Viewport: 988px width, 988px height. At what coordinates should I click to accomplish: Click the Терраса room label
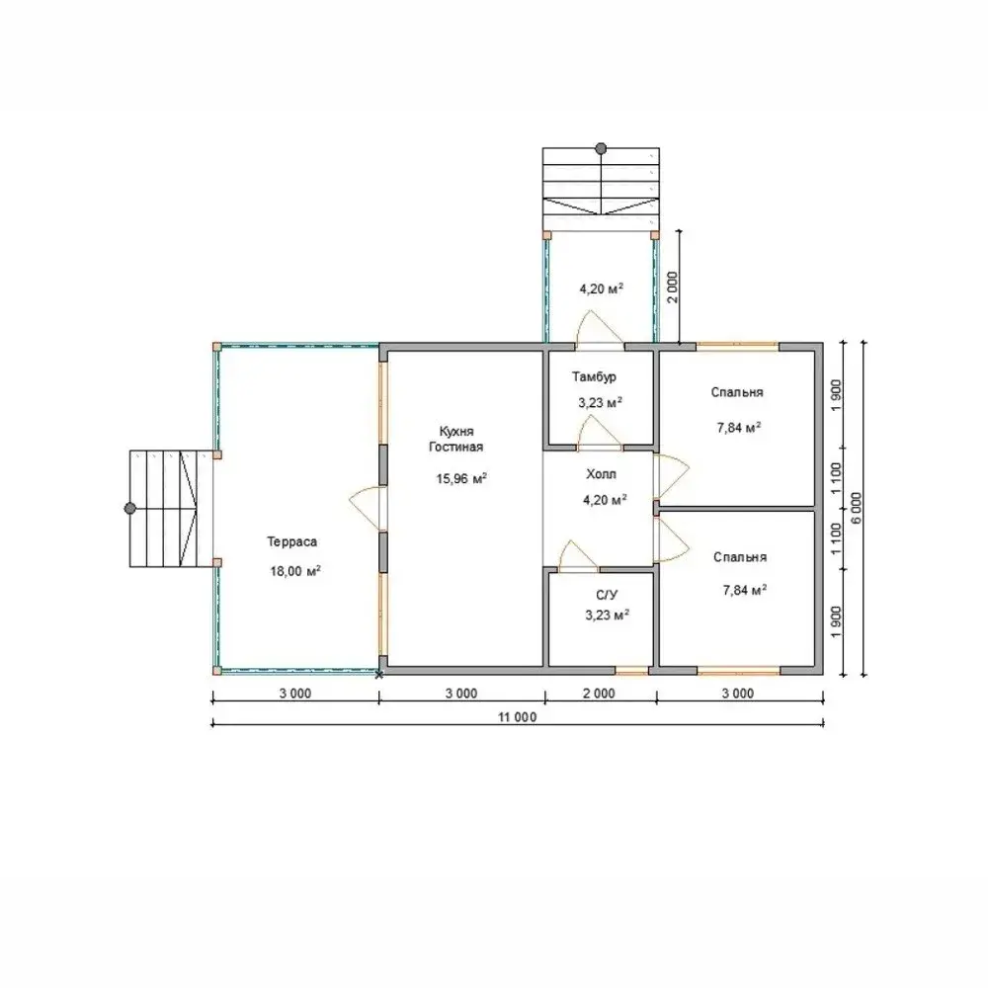coord(291,541)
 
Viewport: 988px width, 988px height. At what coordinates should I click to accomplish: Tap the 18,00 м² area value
coord(295,571)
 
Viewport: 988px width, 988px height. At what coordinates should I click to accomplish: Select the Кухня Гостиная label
coord(456,440)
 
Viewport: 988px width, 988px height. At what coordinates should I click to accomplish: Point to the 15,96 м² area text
coord(461,478)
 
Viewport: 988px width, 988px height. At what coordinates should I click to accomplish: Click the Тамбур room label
coord(594,376)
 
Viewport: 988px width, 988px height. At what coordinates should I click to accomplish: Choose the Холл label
coord(601,474)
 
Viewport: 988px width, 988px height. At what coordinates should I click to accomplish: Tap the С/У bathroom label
coord(607,595)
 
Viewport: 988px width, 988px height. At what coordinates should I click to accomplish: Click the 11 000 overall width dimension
coord(518,717)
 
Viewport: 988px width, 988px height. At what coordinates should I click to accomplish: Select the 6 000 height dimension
coord(857,508)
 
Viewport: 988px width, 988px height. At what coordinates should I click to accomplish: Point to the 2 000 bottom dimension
coord(600,694)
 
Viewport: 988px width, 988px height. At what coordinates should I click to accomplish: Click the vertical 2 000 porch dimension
coord(673,288)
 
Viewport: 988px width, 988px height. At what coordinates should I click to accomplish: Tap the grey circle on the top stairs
coord(601,149)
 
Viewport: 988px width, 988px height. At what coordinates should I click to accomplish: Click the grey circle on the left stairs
coord(130,508)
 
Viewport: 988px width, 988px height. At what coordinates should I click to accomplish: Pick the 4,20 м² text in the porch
coord(601,288)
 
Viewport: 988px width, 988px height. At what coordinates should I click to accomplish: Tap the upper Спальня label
coord(737,392)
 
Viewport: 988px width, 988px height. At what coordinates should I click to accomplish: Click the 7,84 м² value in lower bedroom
coord(745,590)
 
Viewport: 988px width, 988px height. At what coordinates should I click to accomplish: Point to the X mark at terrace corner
coord(379,675)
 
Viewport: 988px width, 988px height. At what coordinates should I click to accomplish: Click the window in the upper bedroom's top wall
coord(737,346)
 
